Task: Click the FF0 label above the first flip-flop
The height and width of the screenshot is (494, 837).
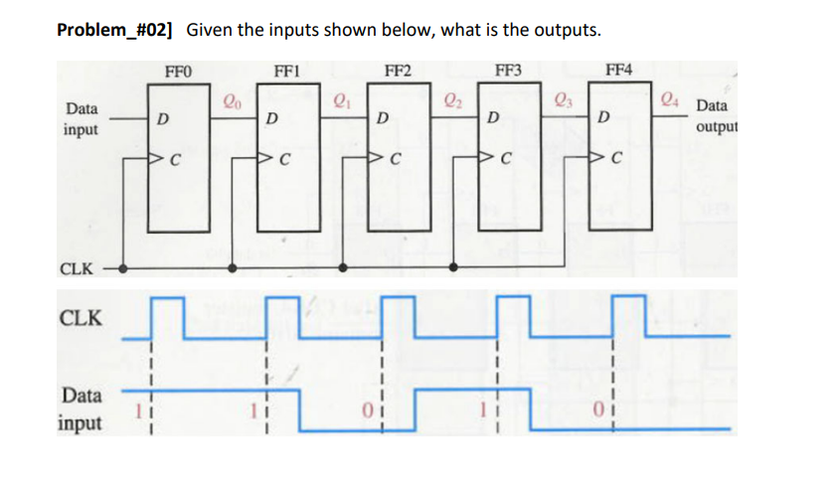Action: [180, 70]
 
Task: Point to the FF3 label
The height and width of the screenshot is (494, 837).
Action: [507, 70]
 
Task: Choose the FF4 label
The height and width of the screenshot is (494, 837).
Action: [617, 70]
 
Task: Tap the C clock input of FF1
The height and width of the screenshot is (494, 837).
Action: [285, 158]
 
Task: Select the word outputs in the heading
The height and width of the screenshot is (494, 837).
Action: [565, 29]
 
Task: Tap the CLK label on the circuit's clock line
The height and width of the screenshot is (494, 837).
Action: [78, 268]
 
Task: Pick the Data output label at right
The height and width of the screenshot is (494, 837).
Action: [712, 116]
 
